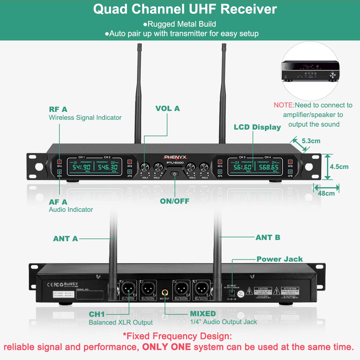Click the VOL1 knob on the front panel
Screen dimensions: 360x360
point(145,167)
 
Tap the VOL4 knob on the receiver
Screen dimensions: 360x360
point(204,167)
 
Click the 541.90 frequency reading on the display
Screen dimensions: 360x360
point(82,167)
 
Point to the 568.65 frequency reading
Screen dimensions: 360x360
point(268,167)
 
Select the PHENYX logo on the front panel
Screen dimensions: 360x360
point(175,157)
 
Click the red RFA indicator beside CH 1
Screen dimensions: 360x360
point(59,162)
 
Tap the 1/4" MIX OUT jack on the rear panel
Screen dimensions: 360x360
point(165,292)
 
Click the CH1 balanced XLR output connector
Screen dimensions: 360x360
point(128,289)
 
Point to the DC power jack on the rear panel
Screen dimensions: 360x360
point(232,293)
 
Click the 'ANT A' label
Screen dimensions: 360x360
point(65,238)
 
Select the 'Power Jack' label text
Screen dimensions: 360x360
point(280,259)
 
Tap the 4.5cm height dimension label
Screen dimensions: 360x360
point(339,167)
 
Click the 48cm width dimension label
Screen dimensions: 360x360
point(326,193)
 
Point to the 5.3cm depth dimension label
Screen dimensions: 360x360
point(311,141)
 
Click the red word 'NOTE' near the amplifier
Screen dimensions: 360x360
point(283,105)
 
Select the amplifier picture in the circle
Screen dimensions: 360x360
point(310,71)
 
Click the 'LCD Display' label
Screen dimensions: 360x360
point(257,127)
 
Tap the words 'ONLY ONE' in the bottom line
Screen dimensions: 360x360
point(166,347)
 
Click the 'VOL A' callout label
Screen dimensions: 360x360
point(167,108)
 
